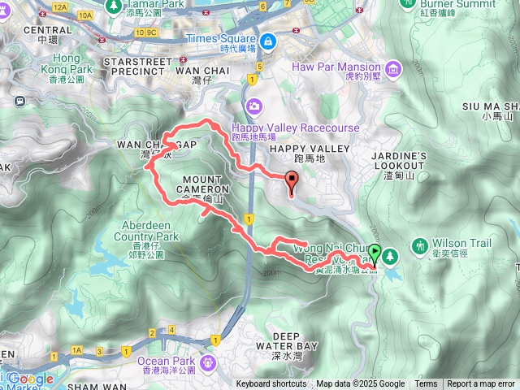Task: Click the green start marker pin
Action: tap(375, 253)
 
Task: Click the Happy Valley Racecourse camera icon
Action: tap(255, 106)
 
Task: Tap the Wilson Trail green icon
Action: tap(419, 245)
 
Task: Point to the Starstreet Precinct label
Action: tap(146, 67)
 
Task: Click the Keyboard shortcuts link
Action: tap(271, 384)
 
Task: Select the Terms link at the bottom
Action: tap(426, 384)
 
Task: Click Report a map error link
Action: tap(482, 384)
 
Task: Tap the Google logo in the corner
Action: tap(30, 379)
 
